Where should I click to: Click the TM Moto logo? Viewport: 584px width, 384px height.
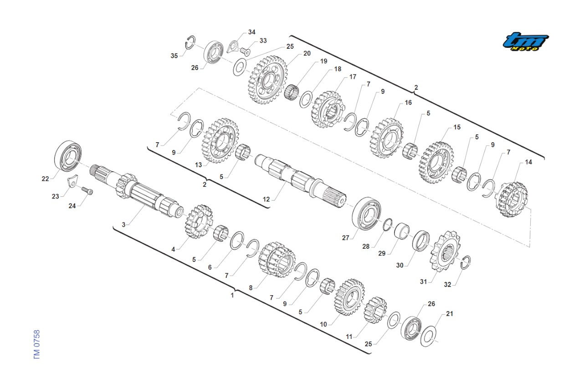click(x=526, y=41)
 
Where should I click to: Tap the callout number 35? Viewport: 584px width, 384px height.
click(x=174, y=56)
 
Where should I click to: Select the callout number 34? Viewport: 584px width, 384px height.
click(x=251, y=32)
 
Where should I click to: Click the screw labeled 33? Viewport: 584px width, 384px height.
click(x=245, y=51)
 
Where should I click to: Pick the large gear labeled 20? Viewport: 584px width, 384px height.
click(x=268, y=80)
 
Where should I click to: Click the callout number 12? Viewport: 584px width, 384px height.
click(x=266, y=200)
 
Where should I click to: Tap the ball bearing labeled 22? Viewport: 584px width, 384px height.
click(x=68, y=156)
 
